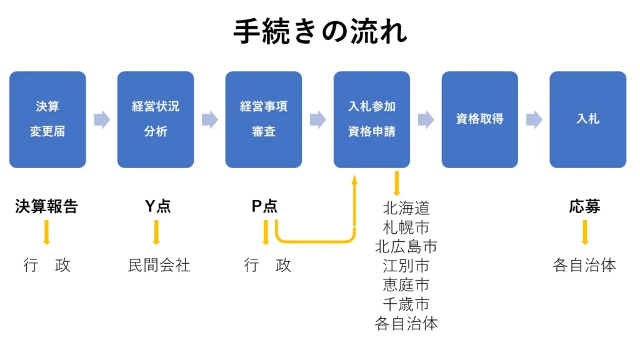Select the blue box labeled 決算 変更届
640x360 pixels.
click(x=47, y=119)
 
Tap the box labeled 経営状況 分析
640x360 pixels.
click(x=156, y=119)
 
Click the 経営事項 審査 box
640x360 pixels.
click(x=264, y=119)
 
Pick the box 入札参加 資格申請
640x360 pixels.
click(x=372, y=119)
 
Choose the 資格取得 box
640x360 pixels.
click(x=479, y=119)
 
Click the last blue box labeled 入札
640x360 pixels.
click(x=587, y=119)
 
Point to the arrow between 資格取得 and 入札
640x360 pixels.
click(x=534, y=119)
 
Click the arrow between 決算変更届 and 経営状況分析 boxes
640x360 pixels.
click(x=102, y=119)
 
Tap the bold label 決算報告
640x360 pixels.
click(x=46, y=207)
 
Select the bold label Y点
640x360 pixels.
click(x=157, y=207)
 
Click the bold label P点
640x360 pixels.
click(x=264, y=207)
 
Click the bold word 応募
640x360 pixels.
click(x=585, y=207)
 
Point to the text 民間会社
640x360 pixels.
click(x=159, y=265)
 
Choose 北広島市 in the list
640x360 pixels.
click(x=406, y=246)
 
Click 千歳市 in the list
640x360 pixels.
click(x=406, y=304)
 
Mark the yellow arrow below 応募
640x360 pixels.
click(x=585, y=232)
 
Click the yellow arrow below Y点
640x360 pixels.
click(x=156, y=232)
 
